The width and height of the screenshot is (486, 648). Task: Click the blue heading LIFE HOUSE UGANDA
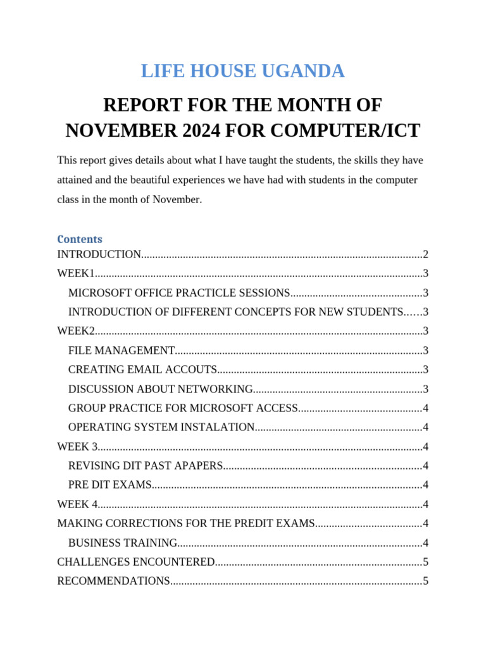click(242, 72)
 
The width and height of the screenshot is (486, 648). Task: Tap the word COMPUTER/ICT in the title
click(358, 130)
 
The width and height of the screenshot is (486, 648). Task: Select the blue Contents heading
click(80, 239)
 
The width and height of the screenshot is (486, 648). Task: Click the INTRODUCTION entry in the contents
click(99, 254)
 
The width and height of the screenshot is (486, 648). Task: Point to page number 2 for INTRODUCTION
click(426, 254)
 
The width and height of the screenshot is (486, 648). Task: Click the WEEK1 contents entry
click(76, 273)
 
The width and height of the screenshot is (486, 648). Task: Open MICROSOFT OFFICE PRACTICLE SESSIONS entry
click(179, 293)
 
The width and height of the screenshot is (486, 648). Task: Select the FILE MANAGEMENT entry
click(121, 351)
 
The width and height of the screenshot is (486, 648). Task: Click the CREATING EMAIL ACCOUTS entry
click(142, 370)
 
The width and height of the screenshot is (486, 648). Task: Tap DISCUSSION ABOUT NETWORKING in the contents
click(161, 389)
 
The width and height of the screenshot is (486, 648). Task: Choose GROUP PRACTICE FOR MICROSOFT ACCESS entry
click(183, 408)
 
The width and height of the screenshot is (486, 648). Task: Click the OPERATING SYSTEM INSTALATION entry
click(161, 427)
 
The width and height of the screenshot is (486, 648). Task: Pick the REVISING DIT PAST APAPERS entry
click(146, 466)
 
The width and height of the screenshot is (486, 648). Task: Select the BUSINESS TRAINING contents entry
click(123, 543)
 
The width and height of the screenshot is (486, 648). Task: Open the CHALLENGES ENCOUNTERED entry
click(136, 562)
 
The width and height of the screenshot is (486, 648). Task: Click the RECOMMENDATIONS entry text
click(113, 581)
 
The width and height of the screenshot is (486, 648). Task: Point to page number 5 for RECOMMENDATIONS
click(426, 581)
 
